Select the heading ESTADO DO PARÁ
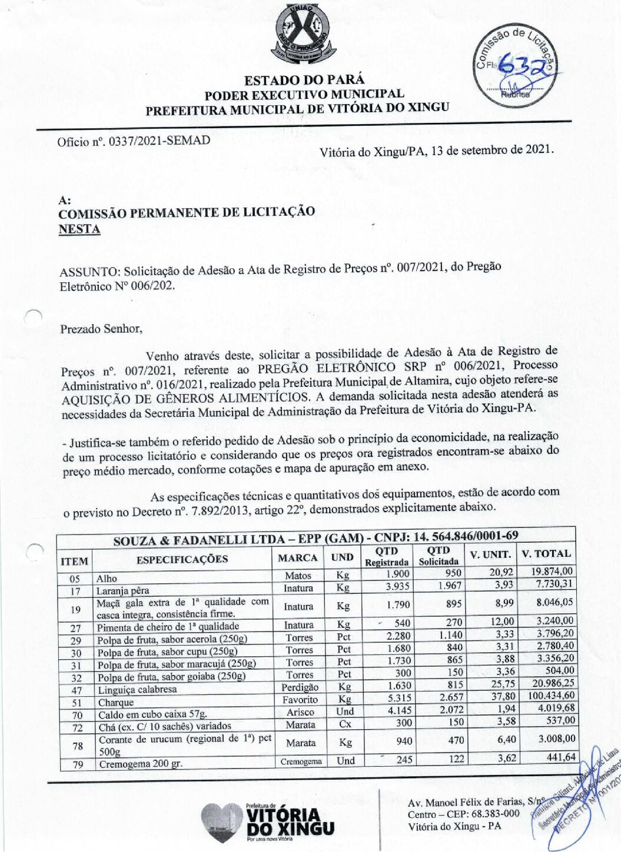[x=304, y=80]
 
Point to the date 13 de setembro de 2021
[x=492, y=149]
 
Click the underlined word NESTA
[x=79, y=229]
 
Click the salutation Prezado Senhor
[x=101, y=329]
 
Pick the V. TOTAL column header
[x=546, y=553]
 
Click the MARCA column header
[x=297, y=557]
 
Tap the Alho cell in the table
[x=107, y=579]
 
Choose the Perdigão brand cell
[x=300, y=687]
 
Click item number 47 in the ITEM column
[x=76, y=690]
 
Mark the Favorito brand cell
[x=300, y=700]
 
